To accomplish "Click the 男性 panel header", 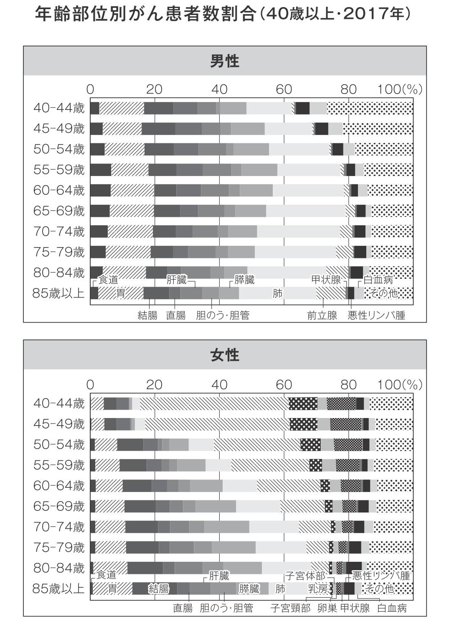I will point(225,61).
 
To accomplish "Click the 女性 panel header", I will point(225,355).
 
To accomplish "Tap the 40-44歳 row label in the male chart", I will point(59,108).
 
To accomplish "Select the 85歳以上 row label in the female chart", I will point(58,588).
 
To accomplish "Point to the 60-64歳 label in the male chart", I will point(59,190).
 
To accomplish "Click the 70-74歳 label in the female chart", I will point(59,527).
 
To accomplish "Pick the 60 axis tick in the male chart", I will point(284,89).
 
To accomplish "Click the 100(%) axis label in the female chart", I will point(400,385).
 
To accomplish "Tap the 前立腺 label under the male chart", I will point(322,315).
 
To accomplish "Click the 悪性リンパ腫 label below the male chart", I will point(376,315).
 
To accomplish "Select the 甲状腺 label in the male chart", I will point(326,280).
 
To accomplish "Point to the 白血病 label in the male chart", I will point(378,280).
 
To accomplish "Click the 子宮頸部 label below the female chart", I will point(290,608).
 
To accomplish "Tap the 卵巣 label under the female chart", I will point(327,608).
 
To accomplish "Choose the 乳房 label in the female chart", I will point(318,589).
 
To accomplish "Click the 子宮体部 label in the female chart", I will point(305,576).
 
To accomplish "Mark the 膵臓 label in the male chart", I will point(244,280).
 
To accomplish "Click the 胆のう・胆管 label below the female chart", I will point(226,608).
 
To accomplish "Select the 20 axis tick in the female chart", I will point(154,385).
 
